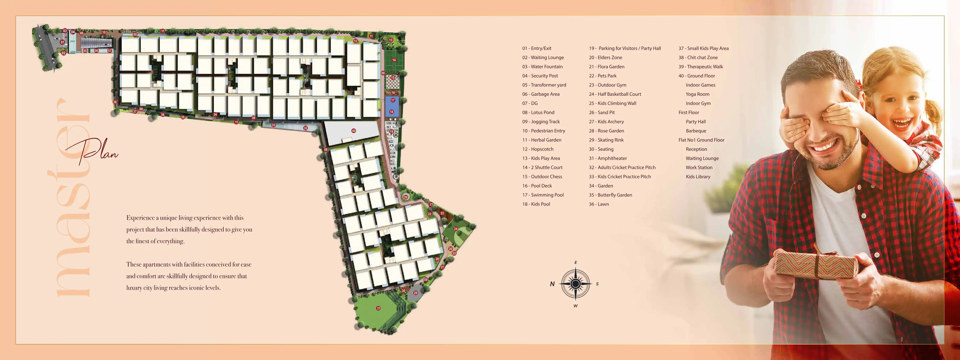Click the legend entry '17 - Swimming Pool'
click(x=543, y=195)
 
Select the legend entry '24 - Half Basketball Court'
click(x=615, y=94)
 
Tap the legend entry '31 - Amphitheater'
click(x=608, y=158)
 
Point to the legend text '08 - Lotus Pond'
click(x=538, y=112)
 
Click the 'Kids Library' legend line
click(x=698, y=177)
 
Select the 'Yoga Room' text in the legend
click(x=697, y=94)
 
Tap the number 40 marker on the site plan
click(x=354, y=131)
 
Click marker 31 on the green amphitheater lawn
click(x=378, y=308)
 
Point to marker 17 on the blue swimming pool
click(x=393, y=100)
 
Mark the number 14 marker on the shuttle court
click(x=394, y=60)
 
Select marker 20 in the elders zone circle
click(x=405, y=197)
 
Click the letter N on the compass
click(x=552, y=284)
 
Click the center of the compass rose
click(x=575, y=284)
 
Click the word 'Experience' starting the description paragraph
click(x=140, y=218)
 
